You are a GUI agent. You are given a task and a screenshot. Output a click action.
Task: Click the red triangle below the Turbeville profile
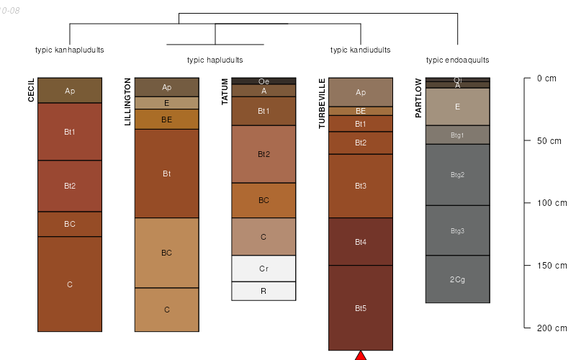pyautogui.click(x=361, y=356)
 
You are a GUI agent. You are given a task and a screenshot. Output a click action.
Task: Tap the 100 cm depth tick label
pyautogui.click(x=552, y=203)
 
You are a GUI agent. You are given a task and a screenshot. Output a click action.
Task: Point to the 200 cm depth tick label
pyautogui.click(x=552, y=328)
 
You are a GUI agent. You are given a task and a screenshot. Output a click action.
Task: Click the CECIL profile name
pyautogui.click(x=31, y=90)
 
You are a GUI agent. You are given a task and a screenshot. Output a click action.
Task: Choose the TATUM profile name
pyautogui.click(x=225, y=91)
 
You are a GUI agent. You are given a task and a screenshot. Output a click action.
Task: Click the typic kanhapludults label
pyautogui.click(x=70, y=50)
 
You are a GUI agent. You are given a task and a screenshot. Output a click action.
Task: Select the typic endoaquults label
pyautogui.click(x=457, y=60)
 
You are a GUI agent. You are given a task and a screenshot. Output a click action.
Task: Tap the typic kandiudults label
pyautogui.click(x=360, y=50)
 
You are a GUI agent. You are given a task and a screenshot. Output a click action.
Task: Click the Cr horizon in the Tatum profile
pyautogui.click(x=264, y=269)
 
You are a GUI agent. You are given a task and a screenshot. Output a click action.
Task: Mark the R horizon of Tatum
pyautogui.click(x=264, y=291)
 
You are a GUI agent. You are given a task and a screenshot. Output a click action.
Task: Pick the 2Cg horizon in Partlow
pyautogui.click(x=457, y=279)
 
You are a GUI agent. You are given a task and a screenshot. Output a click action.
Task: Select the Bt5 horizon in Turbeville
pyautogui.click(x=361, y=308)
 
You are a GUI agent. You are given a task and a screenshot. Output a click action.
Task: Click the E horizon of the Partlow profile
pyautogui.click(x=457, y=107)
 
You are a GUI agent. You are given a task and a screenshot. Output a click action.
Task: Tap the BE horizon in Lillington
pyautogui.click(x=166, y=120)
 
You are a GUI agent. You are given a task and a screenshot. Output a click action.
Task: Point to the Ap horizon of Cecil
pyautogui.click(x=70, y=91)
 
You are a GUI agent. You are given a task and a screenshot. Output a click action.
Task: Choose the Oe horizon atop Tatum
pyautogui.click(x=264, y=81)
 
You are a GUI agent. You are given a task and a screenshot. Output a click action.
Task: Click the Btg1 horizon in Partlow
pyautogui.click(x=457, y=135)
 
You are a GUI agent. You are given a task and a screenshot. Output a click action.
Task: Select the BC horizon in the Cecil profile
pyautogui.click(x=70, y=224)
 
